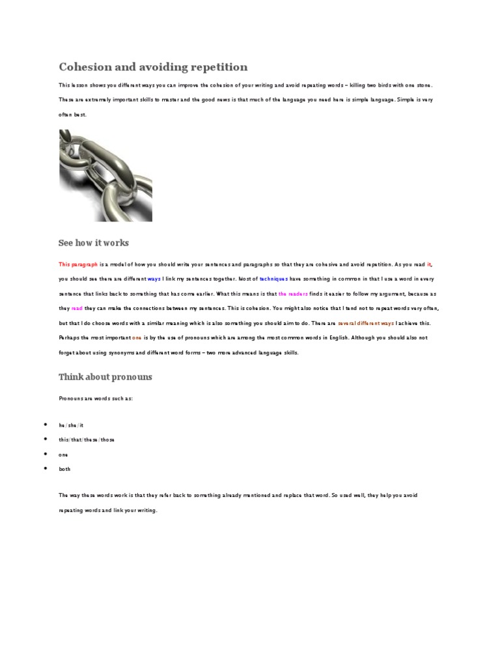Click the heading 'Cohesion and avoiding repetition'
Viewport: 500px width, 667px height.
pyautogui.click(x=153, y=67)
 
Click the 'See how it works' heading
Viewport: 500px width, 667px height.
pyautogui.click(x=94, y=243)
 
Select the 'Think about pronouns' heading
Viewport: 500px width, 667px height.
pyautogui.click(x=105, y=377)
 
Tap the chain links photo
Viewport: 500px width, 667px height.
pyautogui.click(x=105, y=175)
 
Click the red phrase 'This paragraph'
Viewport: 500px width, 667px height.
pyautogui.click(x=79, y=264)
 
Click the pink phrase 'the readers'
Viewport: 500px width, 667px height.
pyautogui.click(x=293, y=294)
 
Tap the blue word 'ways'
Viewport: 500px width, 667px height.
pyautogui.click(x=154, y=279)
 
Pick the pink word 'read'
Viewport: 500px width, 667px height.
pyautogui.click(x=77, y=308)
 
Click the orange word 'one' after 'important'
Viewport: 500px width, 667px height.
pyautogui.click(x=137, y=338)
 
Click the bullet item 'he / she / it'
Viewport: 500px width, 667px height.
pyautogui.click(x=72, y=425)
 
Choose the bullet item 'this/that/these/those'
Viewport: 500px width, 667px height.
pyautogui.click(x=87, y=440)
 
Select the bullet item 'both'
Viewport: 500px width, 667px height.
pyautogui.click(x=64, y=469)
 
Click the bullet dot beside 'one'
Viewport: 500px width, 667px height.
pyautogui.click(x=45, y=454)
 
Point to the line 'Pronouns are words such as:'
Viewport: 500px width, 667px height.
pyautogui.click(x=96, y=399)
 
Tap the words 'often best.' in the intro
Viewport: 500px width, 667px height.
pyautogui.click(x=72, y=115)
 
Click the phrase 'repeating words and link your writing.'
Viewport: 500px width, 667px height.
pyautogui.click(x=108, y=510)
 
